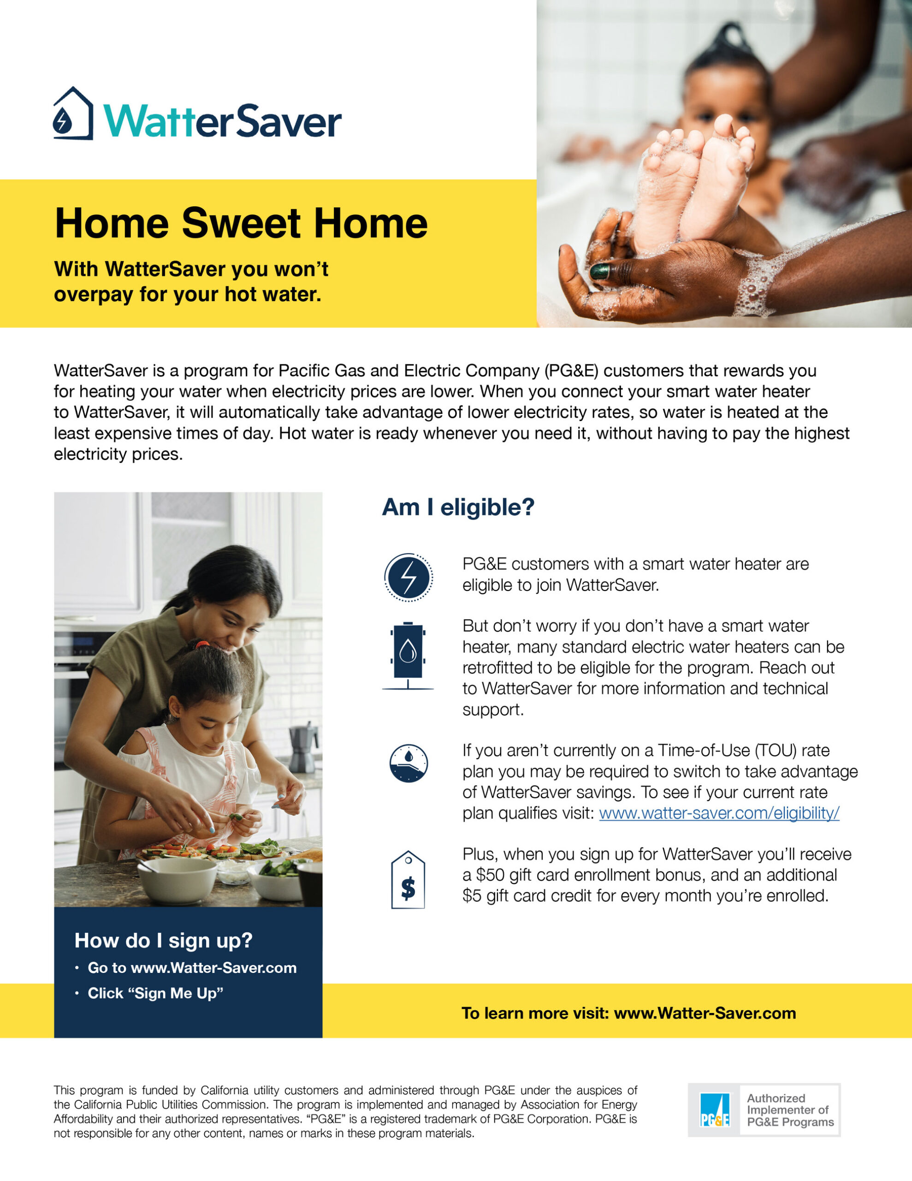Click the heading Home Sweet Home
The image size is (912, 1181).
241,223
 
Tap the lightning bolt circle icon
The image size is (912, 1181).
408,577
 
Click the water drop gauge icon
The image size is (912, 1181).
408,763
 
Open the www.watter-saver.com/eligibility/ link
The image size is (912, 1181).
718,813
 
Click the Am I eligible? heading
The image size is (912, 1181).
458,507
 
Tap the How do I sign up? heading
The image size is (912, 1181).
163,940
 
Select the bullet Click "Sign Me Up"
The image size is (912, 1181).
155,993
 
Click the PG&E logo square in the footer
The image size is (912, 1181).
715,1110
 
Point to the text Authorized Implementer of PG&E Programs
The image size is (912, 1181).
789,1110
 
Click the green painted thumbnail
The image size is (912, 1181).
599,271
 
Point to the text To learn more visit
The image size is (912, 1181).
535,1013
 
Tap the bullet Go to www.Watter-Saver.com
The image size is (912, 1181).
192,967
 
